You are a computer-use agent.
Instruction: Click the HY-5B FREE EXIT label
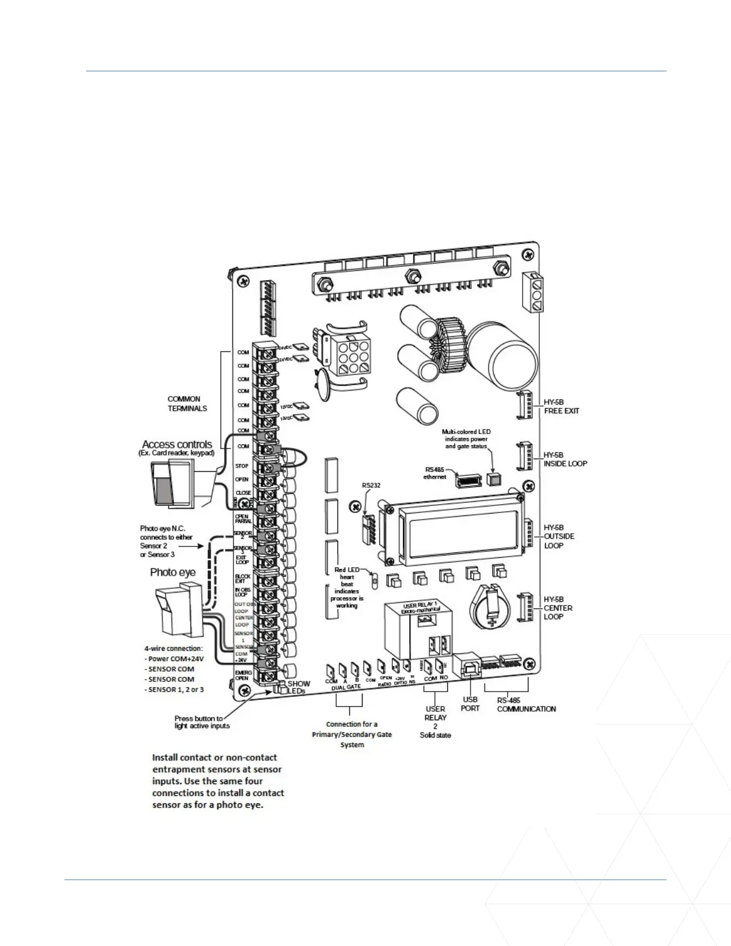point(561,407)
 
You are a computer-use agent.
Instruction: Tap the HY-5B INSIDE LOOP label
point(565,459)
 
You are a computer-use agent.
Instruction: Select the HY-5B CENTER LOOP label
point(558,608)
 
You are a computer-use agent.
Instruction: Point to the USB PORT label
point(470,704)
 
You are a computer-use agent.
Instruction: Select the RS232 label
point(371,486)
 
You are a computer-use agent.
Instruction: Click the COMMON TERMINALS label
point(187,404)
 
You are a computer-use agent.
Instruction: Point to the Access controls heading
point(177,444)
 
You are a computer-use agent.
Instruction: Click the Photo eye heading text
point(173,572)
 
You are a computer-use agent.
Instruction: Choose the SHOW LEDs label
point(299,687)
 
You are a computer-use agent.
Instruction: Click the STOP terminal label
point(242,466)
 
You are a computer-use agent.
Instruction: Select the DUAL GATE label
point(346,687)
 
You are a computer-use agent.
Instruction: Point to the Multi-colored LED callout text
point(466,438)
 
